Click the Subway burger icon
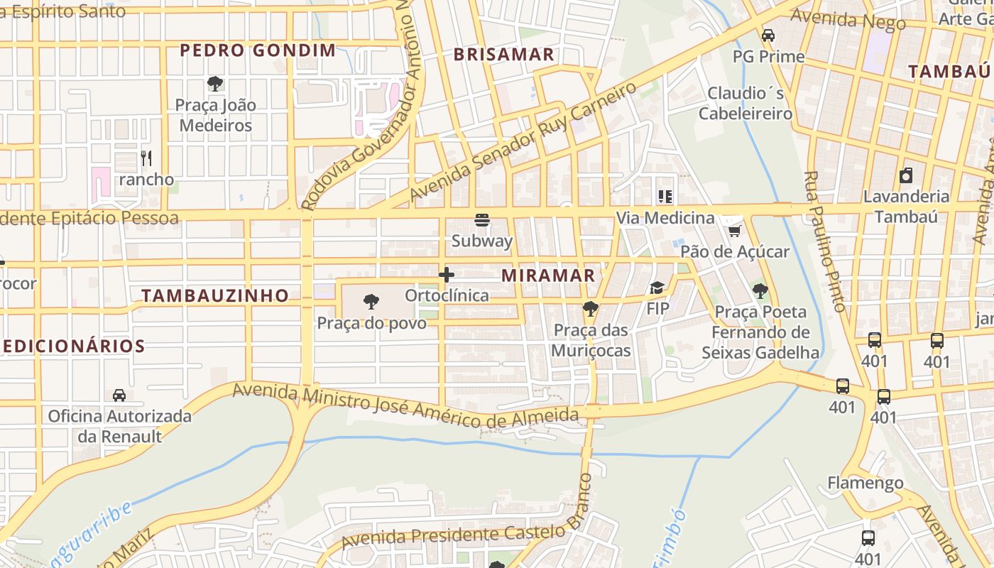point(482,220)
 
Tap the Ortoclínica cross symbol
point(447,274)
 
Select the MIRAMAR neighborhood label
point(548,275)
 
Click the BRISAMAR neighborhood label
point(503,55)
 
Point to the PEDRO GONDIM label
point(258,50)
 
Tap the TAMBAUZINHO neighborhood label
point(215,295)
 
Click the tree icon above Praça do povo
point(371,302)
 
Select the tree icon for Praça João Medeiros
point(214,84)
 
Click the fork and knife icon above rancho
point(146,158)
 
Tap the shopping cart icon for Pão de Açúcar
point(735,231)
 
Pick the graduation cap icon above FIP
point(657,288)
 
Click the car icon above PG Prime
point(768,35)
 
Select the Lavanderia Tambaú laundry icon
point(906,175)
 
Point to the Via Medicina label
point(665,218)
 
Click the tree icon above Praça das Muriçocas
point(590,308)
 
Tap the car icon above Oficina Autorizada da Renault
point(119,395)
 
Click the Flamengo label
point(865,484)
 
